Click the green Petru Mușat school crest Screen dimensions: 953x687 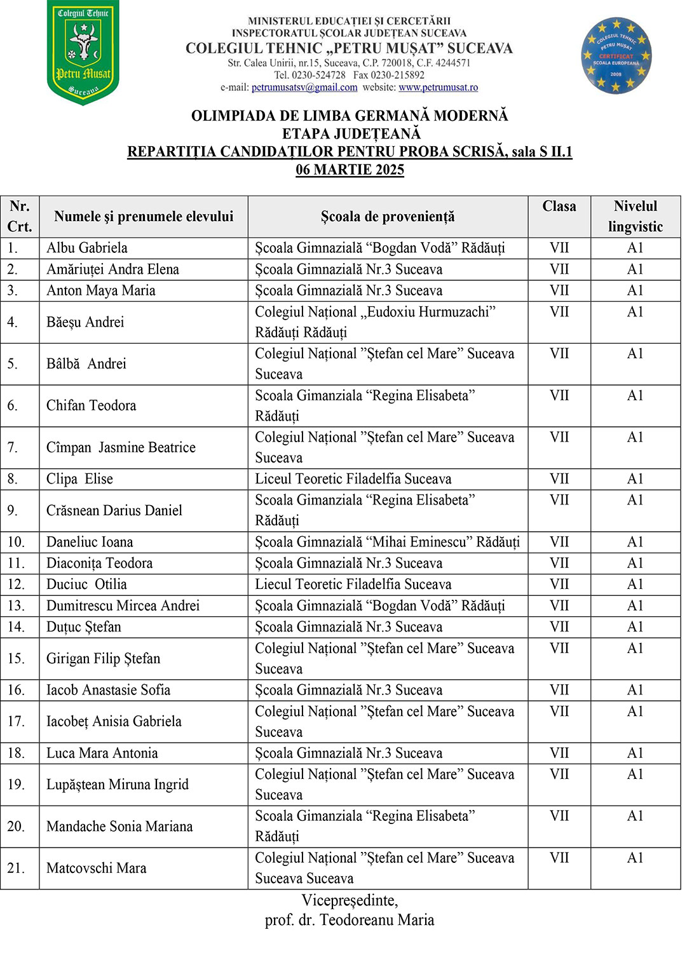[x=83, y=53]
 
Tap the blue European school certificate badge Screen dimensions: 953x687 [x=616, y=56]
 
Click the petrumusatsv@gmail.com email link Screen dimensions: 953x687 [x=304, y=88]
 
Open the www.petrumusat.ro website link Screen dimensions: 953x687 [x=438, y=88]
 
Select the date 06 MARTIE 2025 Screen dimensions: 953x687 [x=350, y=170]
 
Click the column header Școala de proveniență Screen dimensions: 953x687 [x=388, y=217]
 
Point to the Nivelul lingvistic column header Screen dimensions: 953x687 [x=635, y=217]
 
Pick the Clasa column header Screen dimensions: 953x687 [x=559, y=206]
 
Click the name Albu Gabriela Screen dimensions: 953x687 [x=87, y=248]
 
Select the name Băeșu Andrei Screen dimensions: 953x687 [x=85, y=322]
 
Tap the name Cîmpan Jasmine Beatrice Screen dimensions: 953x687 [x=121, y=447]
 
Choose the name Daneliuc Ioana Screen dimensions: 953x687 [x=90, y=542]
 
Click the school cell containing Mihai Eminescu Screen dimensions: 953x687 [x=387, y=542]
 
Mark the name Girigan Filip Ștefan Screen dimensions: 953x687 [x=103, y=658]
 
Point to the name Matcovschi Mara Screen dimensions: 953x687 [x=96, y=868]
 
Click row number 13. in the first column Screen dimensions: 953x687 [x=16, y=605]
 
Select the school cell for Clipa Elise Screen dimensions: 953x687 [x=353, y=479]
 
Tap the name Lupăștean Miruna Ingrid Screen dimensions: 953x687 [x=118, y=784]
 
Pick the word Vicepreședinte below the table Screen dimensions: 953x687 [x=349, y=900]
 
